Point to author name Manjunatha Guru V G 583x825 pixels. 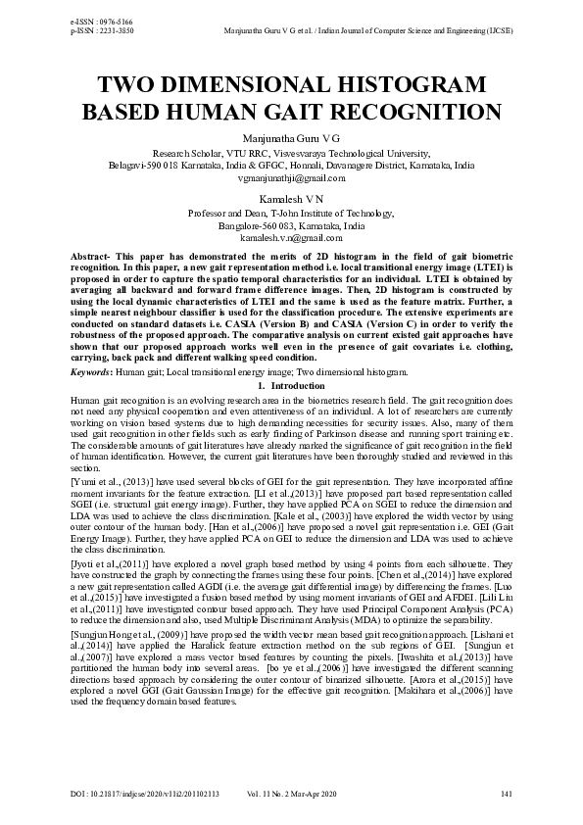coord(291,139)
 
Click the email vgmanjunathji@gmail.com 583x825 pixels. coord(291,178)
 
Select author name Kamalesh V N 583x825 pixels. coord(291,199)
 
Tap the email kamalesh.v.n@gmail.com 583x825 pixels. coord(291,237)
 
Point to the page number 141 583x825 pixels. coord(506,793)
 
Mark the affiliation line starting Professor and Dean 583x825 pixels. coord(291,213)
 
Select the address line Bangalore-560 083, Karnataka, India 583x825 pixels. coord(291,225)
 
